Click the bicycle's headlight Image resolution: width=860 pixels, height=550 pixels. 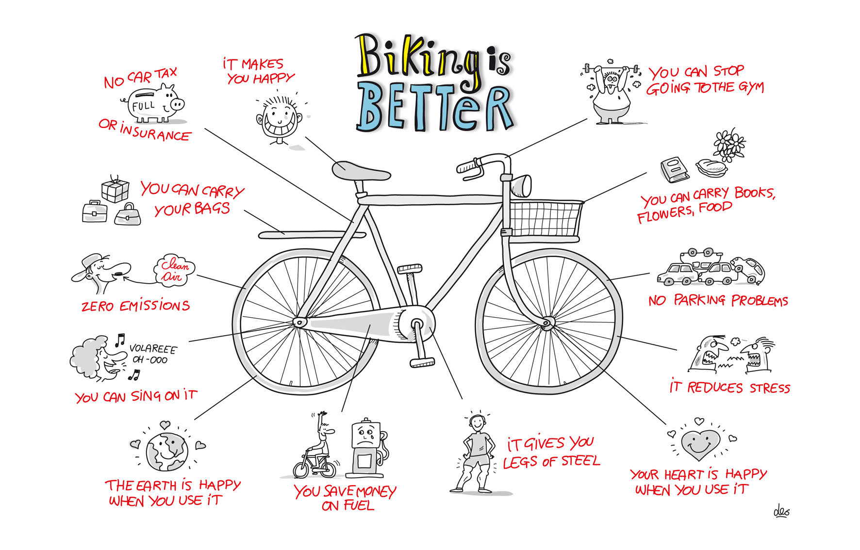[521, 185]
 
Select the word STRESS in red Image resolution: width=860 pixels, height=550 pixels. [769, 388]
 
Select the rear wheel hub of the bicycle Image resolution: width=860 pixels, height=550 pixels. [299, 322]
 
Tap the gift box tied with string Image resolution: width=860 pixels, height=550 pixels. [115, 190]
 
